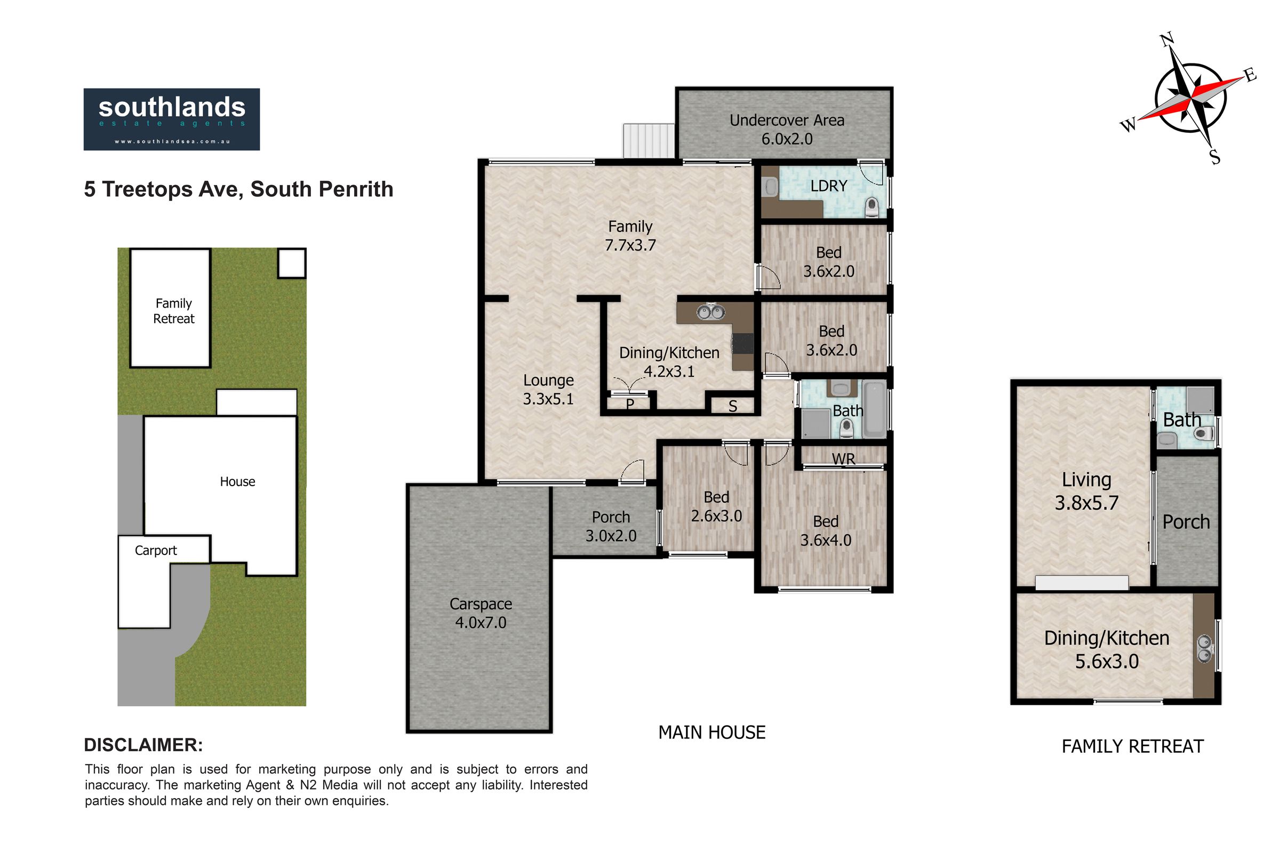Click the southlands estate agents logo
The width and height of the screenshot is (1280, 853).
[x=171, y=119]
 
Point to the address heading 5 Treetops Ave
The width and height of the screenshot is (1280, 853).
[x=238, y=189]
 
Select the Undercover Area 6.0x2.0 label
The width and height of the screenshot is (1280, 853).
[x=787, y=130]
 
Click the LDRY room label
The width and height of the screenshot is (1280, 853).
[x=828, y=186]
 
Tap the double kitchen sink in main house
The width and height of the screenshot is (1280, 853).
[x=710, y=312]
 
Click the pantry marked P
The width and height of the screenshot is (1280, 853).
[x=630, y=404]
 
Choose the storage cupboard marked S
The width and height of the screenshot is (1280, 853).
[x=732, y=406]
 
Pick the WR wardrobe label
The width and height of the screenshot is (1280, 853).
[x=843, y=459]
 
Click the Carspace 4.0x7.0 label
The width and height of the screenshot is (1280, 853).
[x=481, y=613]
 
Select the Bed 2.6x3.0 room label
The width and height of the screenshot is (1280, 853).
[x=716, y=506]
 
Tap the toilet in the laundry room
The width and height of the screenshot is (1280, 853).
[x=871, y=208]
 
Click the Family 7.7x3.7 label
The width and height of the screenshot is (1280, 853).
[x=630, y=236]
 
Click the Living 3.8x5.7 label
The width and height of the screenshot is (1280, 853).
[x=1086, y=491]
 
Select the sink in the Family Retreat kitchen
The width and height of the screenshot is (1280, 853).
[x=1204, y=649]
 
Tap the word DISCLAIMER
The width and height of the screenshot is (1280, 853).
[x=143, y=745]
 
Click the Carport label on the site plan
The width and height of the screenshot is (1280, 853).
[x=156, y=551]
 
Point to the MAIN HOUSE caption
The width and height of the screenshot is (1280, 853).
[x=712, y=733]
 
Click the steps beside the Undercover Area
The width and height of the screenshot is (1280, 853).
[x=649, y=141]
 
